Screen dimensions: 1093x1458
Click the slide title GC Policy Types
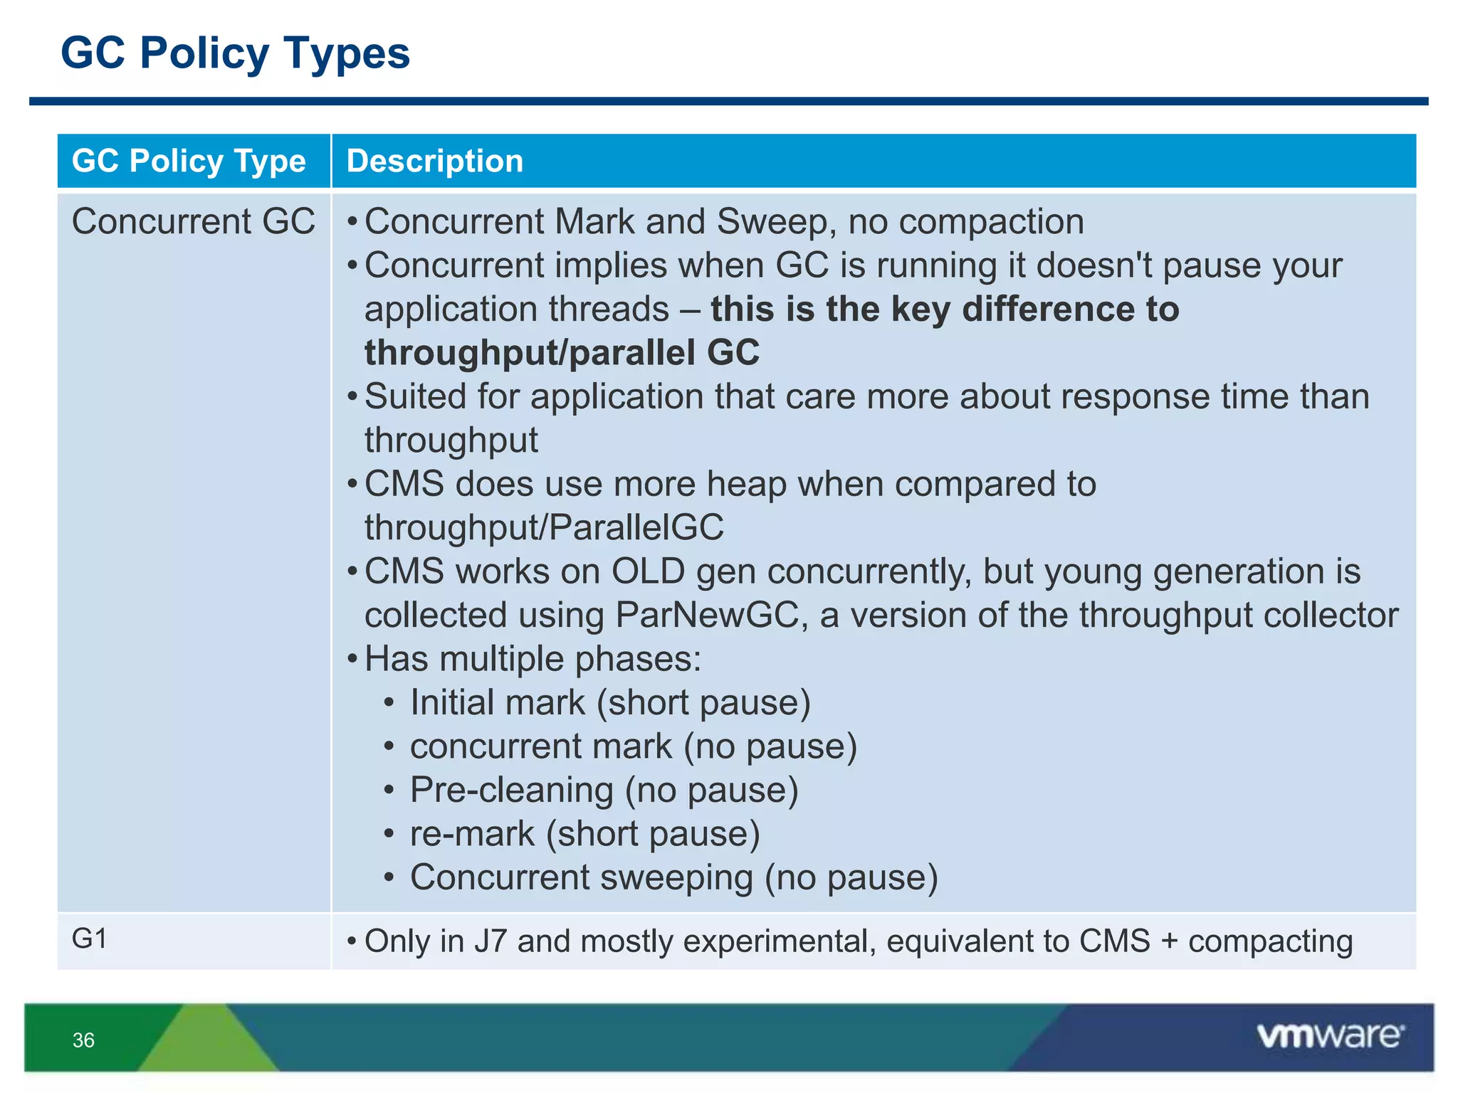pos(235,53)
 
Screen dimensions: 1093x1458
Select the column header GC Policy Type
pos(189,161)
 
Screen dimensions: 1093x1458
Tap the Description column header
pos(434,161)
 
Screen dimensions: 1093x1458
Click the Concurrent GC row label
pos(193,221)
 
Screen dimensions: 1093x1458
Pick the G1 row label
pos(89,939)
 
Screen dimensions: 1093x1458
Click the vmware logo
pos(1330,1035)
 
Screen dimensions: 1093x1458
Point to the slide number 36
pos(83,1040)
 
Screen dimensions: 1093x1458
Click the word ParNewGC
pos(706,615)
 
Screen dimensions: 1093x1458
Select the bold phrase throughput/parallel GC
pos(562,353)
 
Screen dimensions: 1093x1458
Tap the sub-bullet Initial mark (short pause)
pos(610,703)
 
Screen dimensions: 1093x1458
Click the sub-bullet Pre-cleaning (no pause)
pos(604,790)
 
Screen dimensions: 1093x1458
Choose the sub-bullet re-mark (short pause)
pos(584,834)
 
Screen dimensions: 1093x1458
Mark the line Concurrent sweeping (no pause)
pos(673,877)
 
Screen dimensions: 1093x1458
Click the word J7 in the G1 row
pos(490,941)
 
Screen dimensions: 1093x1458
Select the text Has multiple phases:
pos(533,659)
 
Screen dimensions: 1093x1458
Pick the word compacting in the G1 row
pos(1270,941)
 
